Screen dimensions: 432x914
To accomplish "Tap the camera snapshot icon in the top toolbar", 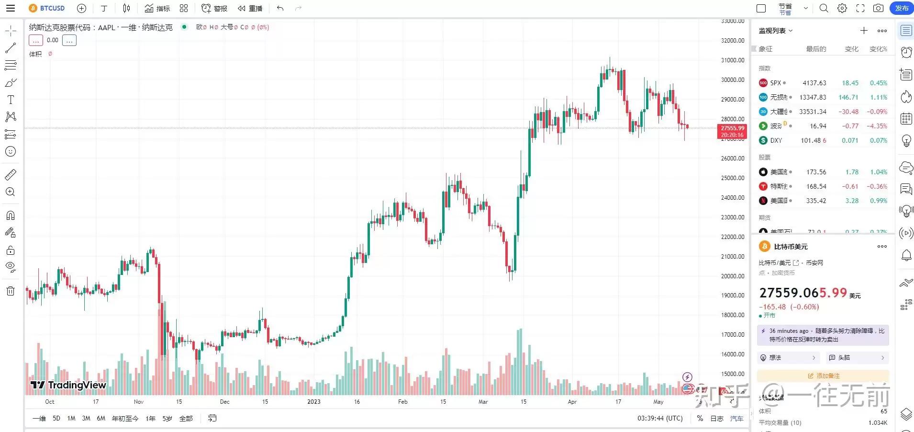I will point(878,8).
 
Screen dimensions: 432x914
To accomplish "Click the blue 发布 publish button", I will point(902,8).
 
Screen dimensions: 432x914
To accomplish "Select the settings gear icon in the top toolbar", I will point(842,8).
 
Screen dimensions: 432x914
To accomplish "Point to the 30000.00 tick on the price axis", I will point(733,80).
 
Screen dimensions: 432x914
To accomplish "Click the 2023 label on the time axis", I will point(314,402).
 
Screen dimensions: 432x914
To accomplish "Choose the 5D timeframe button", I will point(56,419).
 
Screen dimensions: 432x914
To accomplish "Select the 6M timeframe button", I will point(101,419).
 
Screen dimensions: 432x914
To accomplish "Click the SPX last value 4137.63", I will point(814,83).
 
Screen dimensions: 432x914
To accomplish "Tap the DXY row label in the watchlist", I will point(776,140).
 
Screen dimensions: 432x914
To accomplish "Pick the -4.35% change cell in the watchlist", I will point(877,126).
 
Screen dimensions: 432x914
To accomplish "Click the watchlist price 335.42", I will point(816,201).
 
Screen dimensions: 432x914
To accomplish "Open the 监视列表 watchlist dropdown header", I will point(776,31).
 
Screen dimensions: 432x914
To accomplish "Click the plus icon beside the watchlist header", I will point(864,31).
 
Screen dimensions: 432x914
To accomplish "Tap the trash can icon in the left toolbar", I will point(11,291).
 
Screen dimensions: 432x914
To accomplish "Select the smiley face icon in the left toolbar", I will point(11,152).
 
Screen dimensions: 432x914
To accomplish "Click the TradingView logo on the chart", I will point(68,385).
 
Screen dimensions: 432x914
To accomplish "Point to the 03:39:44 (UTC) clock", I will point(660,419).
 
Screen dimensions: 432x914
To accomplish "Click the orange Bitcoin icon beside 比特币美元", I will point(764,247).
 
